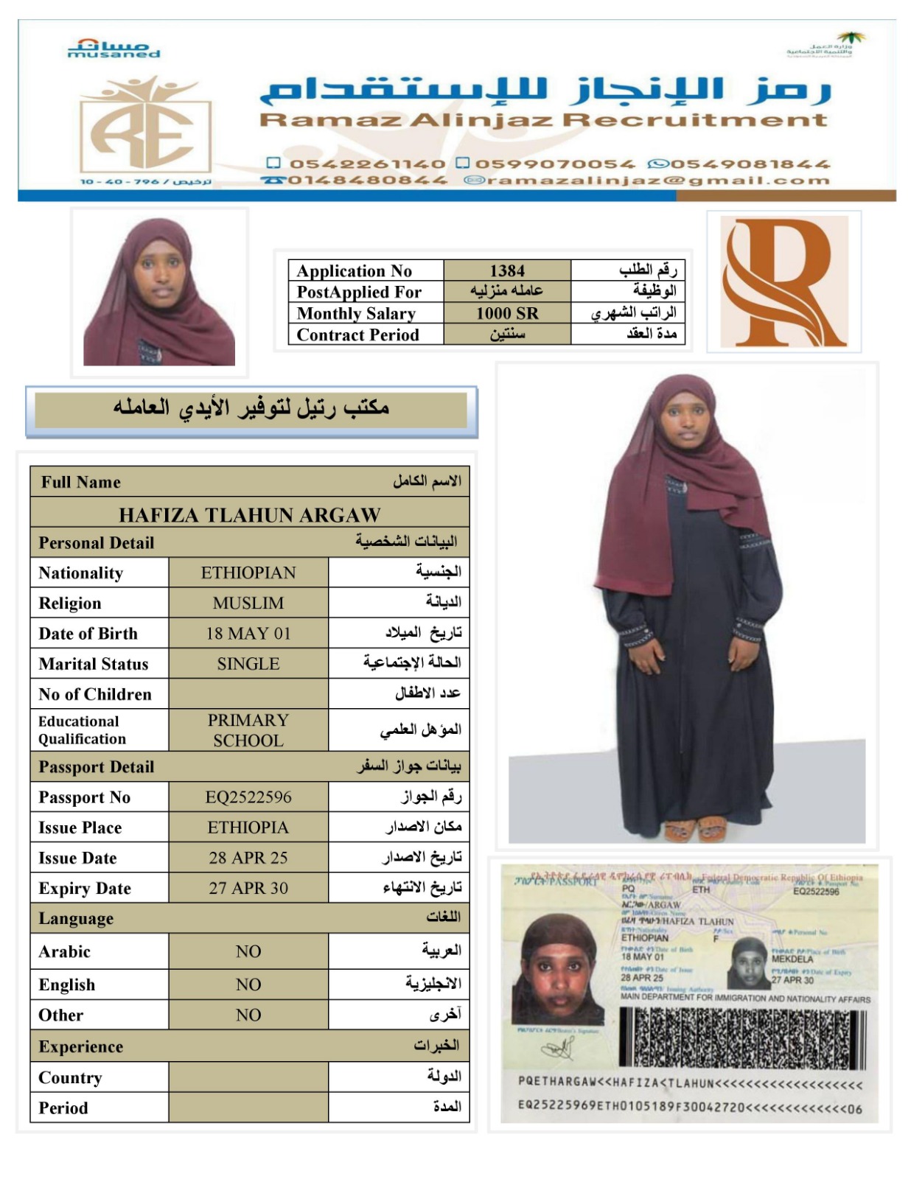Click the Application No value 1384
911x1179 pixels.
click(507, 270)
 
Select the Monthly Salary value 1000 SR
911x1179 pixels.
click(507, 313)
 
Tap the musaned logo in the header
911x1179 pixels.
click(114, 49)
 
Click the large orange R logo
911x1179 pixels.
click(783, 282)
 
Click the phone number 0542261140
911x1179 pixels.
click(366, 164)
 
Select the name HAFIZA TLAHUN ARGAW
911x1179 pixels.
click(250, 514)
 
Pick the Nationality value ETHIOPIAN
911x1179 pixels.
click(248, 573)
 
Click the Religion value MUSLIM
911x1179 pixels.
click(248, 603)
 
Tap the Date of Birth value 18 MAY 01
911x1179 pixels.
click(248, 633)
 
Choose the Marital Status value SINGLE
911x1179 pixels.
click(248, 664)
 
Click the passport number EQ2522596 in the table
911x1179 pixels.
click(248, 797)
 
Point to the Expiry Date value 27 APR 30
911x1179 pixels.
click(248, 888)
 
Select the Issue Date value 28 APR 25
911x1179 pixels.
click(248, 858)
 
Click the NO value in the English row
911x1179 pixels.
click(248, 984)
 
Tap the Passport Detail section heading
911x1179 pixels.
click(97, 766)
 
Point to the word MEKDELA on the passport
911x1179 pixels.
click(792, 959)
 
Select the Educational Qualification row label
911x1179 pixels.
click(83, 730)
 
